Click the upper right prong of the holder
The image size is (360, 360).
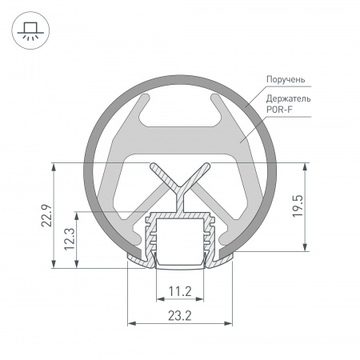pos(216,102)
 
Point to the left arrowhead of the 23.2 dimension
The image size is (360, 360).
pos(132,324)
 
